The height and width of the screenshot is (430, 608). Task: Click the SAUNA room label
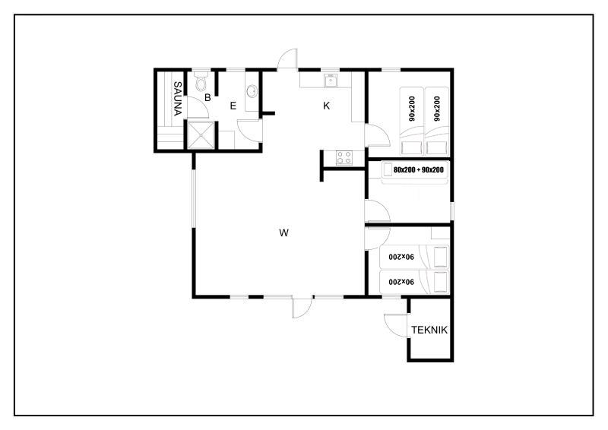[177, 99]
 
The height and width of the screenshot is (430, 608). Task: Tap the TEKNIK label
[429, 330]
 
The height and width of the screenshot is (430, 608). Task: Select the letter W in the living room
[283, 233]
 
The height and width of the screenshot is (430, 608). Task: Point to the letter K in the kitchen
[327, 106]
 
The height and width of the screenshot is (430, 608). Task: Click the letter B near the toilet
[207, 98]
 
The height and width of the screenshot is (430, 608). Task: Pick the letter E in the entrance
[233, 106]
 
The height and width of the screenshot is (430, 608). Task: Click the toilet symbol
[201, 82]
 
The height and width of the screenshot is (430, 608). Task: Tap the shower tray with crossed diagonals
[201, 135]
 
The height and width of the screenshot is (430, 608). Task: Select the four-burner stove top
[344, 157]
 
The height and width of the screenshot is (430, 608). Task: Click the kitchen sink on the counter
[331, 81]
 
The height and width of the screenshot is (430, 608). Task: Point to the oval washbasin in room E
[252, 91]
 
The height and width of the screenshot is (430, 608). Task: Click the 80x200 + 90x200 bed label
[419, 170]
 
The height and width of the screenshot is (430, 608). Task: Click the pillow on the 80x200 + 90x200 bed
[388, 170]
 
